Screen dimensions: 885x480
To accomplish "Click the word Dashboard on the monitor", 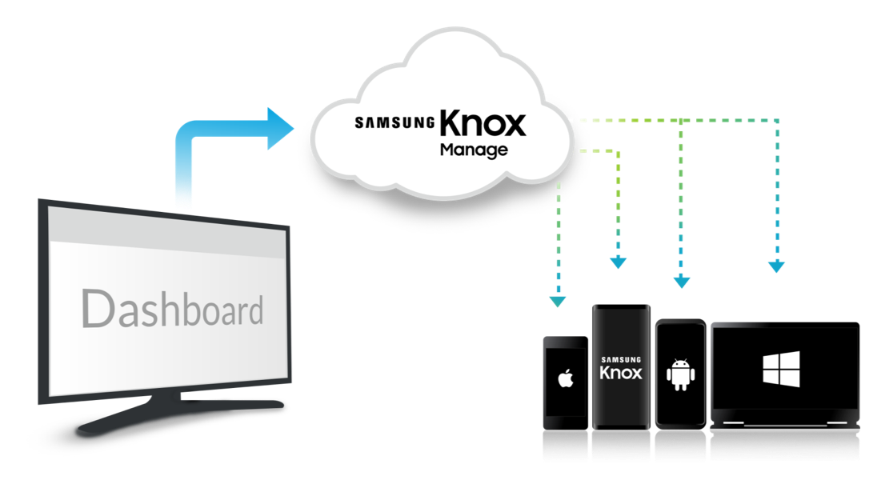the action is coord(172,309).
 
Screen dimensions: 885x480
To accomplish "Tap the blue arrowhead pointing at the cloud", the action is coord(280,129).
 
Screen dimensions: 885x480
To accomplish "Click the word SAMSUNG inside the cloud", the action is coord(394,122).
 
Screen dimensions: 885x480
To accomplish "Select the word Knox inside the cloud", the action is coord(483,123).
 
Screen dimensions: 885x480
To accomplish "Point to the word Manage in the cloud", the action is coord(474,150).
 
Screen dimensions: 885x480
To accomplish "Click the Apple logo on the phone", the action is coord(566,378).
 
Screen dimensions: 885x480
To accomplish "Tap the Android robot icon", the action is coord(681,374).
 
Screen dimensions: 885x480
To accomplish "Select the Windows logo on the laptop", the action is coord(781,370).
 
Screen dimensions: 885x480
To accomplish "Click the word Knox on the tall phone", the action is coord(621,373).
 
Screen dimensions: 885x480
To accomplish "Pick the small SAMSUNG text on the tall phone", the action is coord(621,359).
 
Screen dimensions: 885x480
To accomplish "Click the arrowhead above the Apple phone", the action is coord(558,302).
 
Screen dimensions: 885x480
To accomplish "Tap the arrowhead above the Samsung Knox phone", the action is coord(618,263).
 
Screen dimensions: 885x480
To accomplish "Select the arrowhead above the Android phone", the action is coord(681,282).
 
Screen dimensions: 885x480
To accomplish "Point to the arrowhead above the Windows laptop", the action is coord(777,266).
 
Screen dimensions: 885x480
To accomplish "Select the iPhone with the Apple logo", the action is coord(566,383).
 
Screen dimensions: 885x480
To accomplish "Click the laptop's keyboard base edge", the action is coord(784,424).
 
